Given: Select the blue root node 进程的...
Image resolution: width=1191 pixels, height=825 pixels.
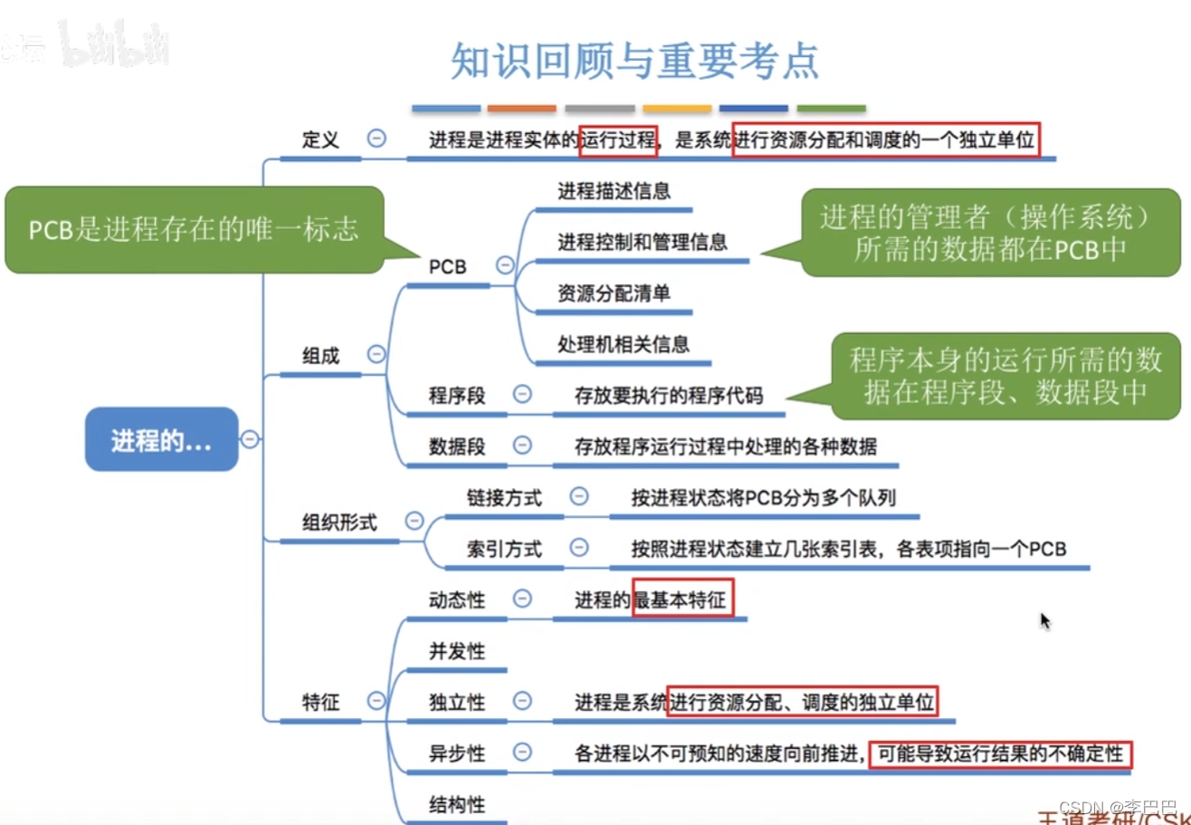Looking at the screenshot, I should click(161, 440).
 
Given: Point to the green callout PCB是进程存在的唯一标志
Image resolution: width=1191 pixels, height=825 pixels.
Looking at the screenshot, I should click(194, 230).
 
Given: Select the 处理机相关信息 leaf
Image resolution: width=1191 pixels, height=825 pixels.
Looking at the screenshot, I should click(624, 344).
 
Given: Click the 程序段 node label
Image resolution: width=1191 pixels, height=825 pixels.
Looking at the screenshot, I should click(457, 395).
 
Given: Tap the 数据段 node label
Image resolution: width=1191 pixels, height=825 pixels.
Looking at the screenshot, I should click(457, 446).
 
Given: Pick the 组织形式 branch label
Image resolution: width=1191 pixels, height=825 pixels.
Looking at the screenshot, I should click(339, 523).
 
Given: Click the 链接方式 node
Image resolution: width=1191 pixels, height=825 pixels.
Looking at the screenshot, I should click(504, 497).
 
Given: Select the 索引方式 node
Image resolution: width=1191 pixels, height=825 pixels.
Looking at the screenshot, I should click(504, 548).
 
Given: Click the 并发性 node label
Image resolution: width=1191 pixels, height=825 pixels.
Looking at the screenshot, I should click(457, 651).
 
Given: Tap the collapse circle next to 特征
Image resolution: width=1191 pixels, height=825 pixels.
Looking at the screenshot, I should click(376, 701).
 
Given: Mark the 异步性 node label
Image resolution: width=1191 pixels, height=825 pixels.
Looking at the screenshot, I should click(457, 753).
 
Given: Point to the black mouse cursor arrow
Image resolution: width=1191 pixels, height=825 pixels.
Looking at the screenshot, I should click(1045, 621).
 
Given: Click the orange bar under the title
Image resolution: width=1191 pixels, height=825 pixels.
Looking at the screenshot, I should click(521, 109).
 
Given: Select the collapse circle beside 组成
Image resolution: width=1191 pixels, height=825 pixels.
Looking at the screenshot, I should click(376, 354).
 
